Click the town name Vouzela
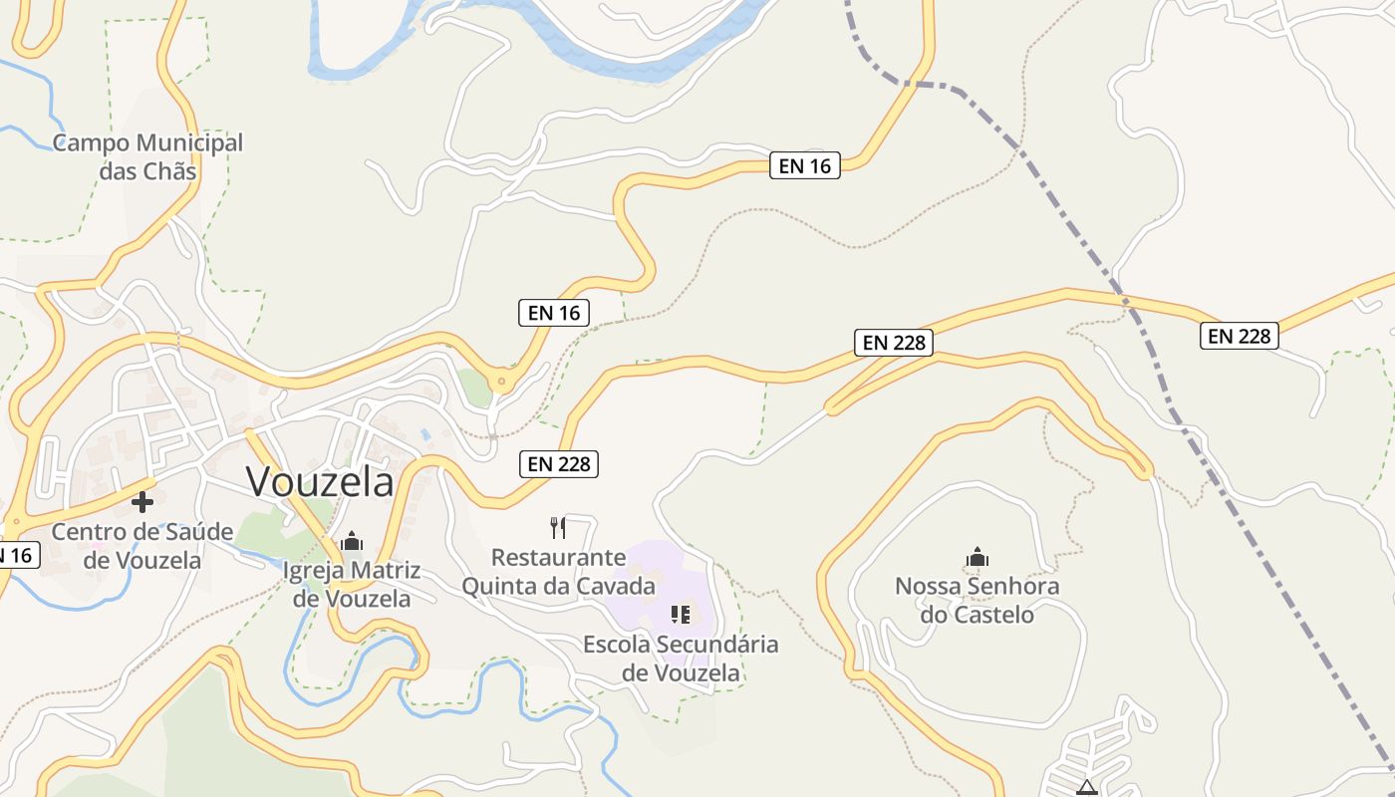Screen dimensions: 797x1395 (320, 482)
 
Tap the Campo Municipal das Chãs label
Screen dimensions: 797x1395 (147, 156)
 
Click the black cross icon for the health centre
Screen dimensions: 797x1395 (142, 502)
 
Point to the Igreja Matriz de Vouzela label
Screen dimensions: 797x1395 (352, 585)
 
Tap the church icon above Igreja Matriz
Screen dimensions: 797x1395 (352, 541)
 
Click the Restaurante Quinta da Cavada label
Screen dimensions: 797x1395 (558, 571)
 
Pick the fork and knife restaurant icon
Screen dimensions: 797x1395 (558, 527)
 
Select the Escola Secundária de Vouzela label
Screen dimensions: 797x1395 (681, 658)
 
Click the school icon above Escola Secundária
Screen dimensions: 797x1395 (681, 614)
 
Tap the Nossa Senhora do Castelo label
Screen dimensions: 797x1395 (976, 600)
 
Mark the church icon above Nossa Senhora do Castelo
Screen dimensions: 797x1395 (977, 557)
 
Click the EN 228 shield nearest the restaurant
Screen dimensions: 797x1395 (558, 463)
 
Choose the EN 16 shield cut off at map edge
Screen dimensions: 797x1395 (17, 556)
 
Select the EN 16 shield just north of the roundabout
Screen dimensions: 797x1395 (554, 313)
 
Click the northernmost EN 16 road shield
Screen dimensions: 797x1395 (805, 165)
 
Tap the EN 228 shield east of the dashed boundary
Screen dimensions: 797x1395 (1239, 336)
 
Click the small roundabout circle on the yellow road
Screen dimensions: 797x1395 (500, 381)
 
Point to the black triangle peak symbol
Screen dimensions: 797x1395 (1086, 788)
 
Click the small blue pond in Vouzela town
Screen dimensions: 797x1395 (426, 435)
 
